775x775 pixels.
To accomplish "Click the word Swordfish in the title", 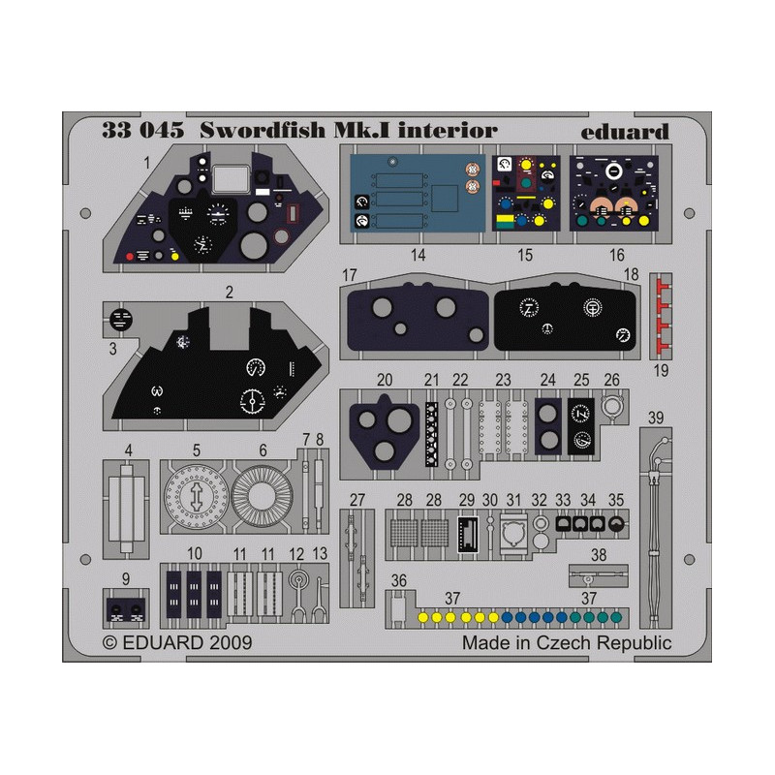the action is (263, 130).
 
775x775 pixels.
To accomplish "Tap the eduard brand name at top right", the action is (625, 132).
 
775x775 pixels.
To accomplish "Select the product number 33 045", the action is (142, 131).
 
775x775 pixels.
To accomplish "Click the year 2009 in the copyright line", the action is (231, 642).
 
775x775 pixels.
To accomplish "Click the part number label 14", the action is (418, 255).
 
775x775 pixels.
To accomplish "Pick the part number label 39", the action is (656, 418).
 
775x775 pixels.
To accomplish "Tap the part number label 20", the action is (384, 380).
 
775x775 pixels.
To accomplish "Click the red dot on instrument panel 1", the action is (130, 257).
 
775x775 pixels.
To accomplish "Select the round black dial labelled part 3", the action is (120, 320).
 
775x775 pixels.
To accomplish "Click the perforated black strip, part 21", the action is (431, 434).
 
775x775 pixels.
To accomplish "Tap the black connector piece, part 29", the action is (468, 534).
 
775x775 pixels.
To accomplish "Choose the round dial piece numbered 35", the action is (616, 524).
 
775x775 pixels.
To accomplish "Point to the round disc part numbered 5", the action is (197, 496).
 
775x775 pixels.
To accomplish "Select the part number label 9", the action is (126, 578).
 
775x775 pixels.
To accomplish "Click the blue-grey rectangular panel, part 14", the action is (418, 193).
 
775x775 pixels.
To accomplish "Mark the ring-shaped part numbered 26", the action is (612, 406).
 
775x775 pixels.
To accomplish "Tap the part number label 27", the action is (356, 500).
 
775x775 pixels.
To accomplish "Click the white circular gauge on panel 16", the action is (614, 171).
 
